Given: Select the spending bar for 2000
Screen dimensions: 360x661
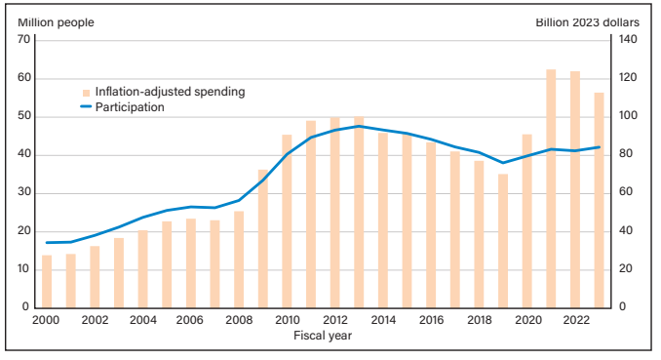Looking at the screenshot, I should (x=47, y=281).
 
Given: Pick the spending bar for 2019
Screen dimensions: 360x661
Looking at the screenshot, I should (x=503, y=241).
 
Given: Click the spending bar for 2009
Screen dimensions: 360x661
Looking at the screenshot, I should (x=263, y=238).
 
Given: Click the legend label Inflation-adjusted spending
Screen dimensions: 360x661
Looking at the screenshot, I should (x=170, y=92).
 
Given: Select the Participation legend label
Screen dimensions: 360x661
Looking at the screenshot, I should (x=130, y=107).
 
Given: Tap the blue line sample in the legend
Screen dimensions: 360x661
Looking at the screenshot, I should (x=85, y=107).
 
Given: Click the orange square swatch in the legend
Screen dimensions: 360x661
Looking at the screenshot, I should (x=86, y=92).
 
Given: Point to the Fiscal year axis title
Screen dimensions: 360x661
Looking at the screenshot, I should (x=323, y=336).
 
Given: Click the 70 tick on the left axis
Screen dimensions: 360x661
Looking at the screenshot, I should (x=25, y=40).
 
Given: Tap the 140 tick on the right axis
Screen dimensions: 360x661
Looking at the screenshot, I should (x=625, y=40).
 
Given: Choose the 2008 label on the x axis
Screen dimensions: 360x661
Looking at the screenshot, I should (x=239, y=320).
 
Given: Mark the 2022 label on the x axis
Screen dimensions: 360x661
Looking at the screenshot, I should (x=575, y=320).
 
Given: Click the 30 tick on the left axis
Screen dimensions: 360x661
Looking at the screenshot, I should (x=25, y=193).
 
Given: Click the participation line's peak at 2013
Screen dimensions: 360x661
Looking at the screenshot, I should (x=359, y=126).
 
